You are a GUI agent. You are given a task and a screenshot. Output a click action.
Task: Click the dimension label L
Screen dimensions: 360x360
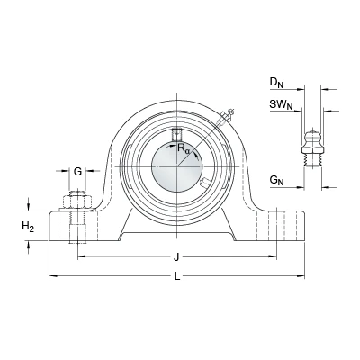(x=177, y=276)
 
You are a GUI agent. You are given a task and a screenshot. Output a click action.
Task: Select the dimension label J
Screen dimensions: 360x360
(x=177, y=257)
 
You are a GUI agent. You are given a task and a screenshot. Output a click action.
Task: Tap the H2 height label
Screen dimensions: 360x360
(x=28, y=226)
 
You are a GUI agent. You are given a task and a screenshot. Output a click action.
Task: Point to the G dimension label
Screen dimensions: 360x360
(x=77, y=172)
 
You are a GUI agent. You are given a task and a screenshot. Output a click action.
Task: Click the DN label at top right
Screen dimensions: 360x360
(x=276, y=83)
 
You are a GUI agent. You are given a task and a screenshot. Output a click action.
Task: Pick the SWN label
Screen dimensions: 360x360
(x=281, y=105)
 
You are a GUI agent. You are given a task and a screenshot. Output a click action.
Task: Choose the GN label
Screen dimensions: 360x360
(x=276, y=180)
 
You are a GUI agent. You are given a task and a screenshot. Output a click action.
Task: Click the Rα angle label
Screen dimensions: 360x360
(x=184, y=148)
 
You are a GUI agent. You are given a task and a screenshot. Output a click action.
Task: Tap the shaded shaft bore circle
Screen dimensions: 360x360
(x=177, y=166)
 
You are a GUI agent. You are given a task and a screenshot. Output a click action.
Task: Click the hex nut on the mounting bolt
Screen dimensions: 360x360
(x=77, y=202)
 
